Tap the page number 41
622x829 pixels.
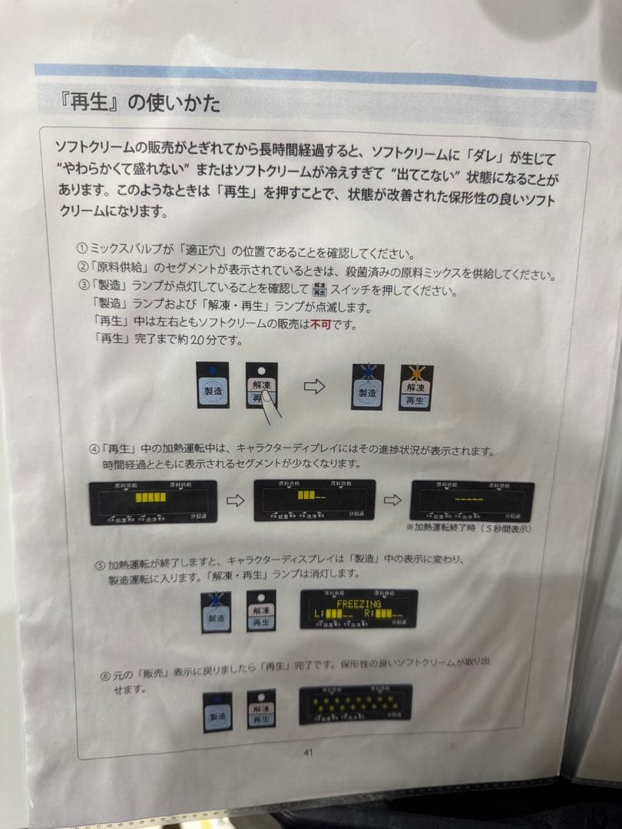[x=308, y=752]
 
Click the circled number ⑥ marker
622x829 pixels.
[x=107, y=675]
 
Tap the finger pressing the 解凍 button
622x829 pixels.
[x=265, y=401]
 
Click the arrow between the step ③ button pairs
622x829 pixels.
[x=315, y=386]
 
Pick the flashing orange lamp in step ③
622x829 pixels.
[x=415, y=374]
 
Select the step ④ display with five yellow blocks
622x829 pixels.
[x=152, y=501]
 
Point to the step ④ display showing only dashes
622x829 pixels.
[x=471, y=500]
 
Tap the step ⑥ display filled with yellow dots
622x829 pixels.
[x=356, y=703]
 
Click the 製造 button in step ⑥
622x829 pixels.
[x=217, y=712]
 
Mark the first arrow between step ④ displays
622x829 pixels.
[x=235, y=500]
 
